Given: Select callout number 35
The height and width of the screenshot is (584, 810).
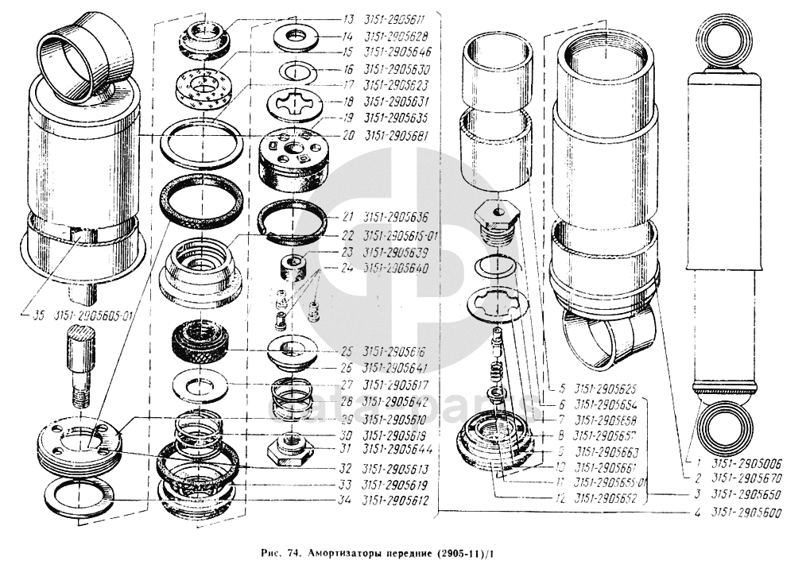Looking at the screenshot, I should point(38,314).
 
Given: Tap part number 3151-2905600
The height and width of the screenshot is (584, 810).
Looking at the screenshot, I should point(748,513).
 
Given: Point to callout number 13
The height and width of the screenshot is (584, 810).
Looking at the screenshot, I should point(348,19).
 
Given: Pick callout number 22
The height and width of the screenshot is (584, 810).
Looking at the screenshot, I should point(348,235).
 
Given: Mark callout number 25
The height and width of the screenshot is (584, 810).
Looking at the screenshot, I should point(348,350).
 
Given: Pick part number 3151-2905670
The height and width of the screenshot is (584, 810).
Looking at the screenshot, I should point(748,478).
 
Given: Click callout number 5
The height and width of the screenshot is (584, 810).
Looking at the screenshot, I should point(561,389).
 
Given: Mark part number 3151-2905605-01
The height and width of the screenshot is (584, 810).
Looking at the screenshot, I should point(94,314).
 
